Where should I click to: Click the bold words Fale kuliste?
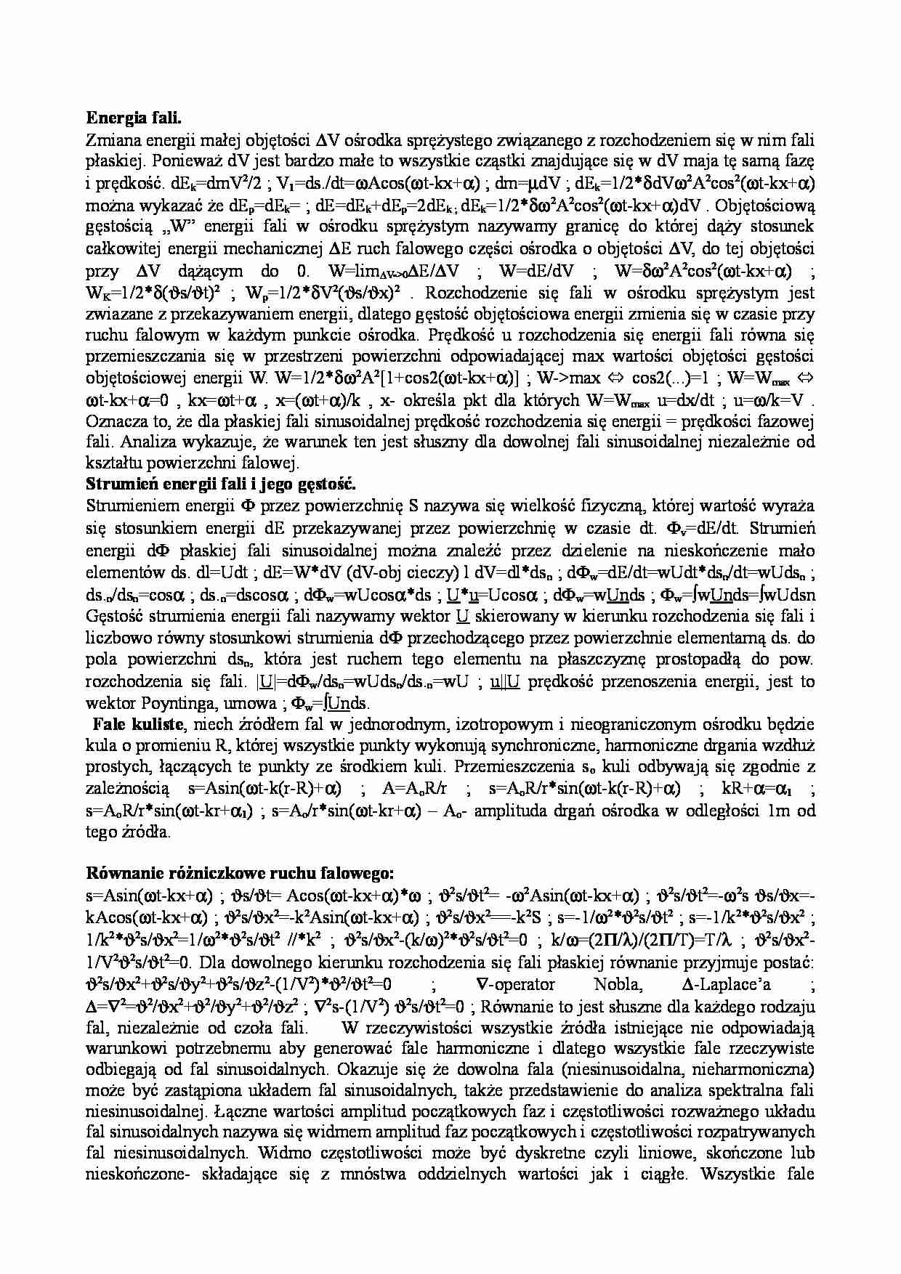click(138, 724)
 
